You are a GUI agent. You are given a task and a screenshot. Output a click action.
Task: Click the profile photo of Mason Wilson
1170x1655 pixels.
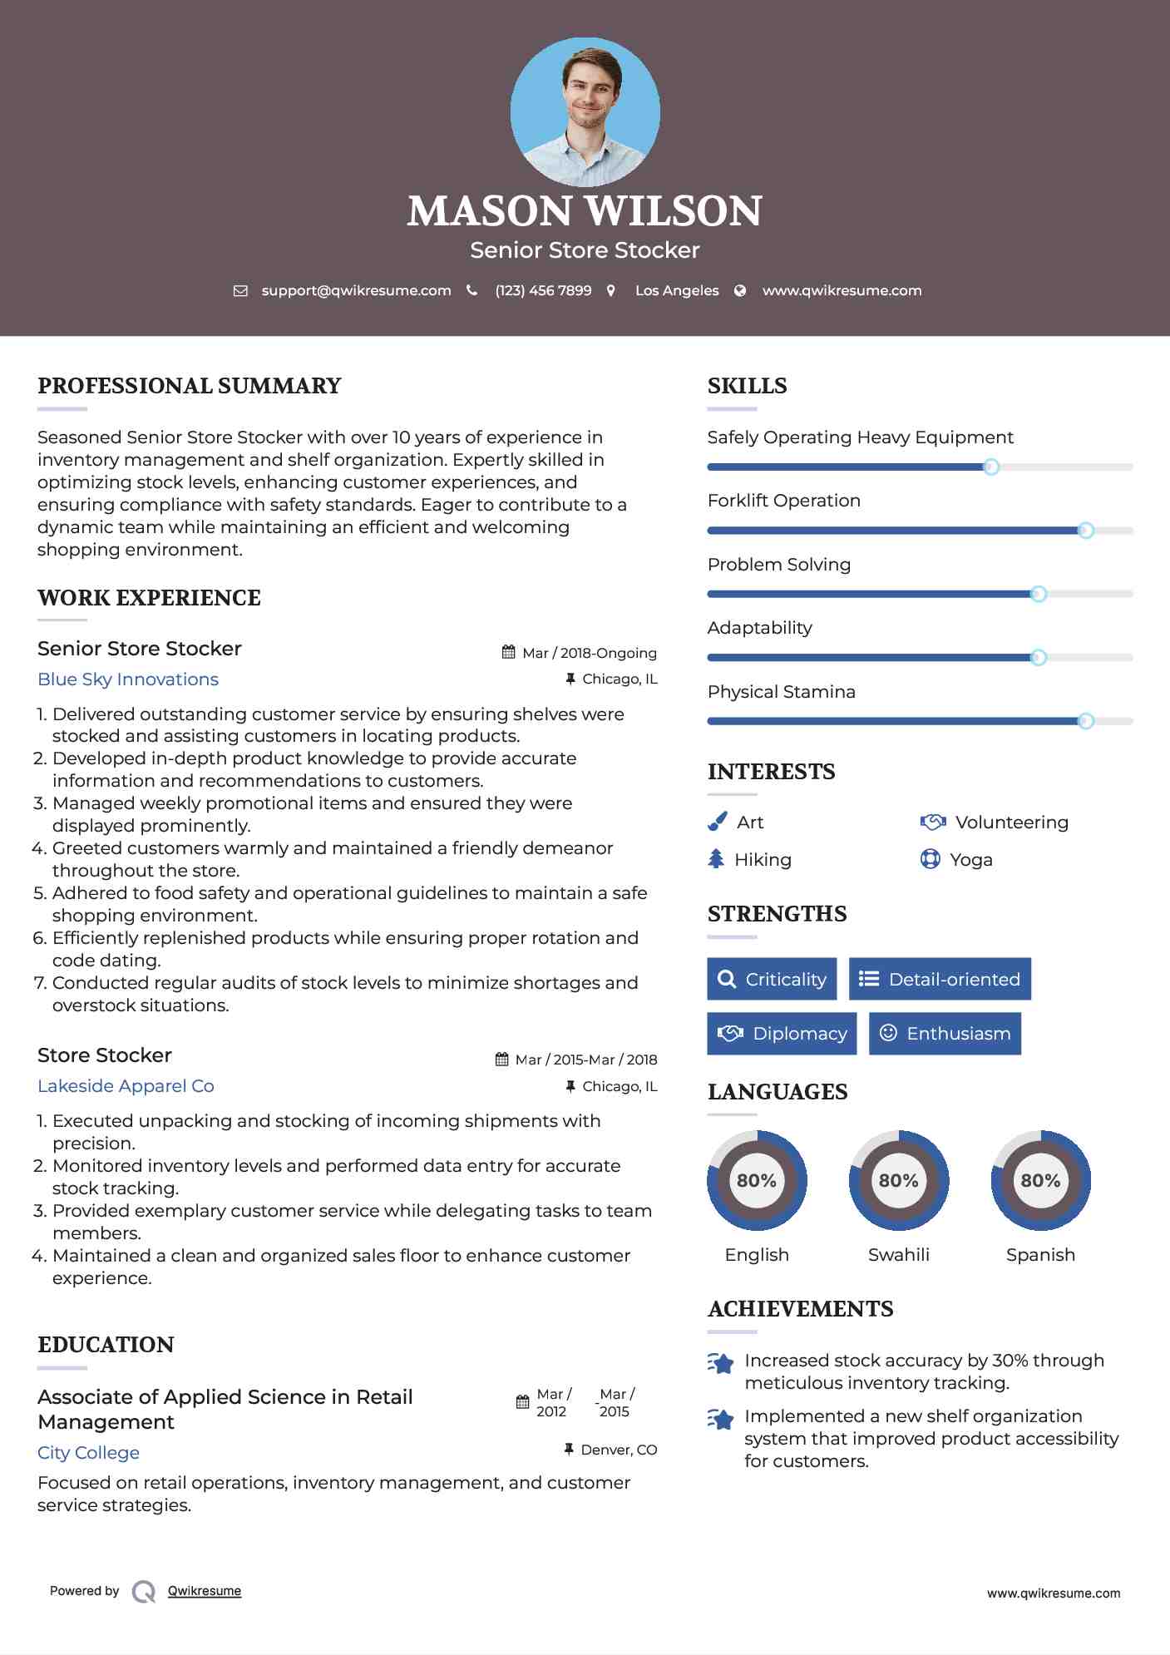585,111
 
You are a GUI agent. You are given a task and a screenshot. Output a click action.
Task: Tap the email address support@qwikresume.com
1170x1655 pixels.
356,290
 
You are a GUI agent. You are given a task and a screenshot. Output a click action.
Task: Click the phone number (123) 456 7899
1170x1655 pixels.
543,290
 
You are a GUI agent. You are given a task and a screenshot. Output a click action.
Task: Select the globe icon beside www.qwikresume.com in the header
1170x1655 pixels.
740,290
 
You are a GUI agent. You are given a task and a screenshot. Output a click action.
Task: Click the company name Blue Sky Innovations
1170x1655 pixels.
128,679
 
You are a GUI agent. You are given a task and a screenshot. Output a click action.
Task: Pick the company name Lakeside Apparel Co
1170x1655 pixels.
126,1086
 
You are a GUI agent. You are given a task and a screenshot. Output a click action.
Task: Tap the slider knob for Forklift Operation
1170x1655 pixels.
1085,531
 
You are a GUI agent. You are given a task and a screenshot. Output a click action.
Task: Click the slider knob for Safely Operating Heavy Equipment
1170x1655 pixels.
990,467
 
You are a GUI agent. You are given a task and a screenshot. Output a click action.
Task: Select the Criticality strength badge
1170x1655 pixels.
772,979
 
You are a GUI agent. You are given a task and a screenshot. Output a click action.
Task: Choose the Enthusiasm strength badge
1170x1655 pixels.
945,1034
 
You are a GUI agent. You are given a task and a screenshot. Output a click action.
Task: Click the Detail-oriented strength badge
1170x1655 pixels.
940,979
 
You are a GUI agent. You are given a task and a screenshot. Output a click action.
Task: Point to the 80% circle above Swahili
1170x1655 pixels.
898,1180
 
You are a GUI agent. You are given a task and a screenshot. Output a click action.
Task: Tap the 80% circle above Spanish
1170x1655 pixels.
1040,1180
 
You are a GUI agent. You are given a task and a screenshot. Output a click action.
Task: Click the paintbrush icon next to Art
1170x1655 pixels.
717,822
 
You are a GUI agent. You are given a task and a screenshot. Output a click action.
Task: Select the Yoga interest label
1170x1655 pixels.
971,860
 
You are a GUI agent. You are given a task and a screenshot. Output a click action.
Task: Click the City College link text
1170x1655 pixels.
88,1453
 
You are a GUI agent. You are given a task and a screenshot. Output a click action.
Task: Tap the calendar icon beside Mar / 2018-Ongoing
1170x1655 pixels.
509,652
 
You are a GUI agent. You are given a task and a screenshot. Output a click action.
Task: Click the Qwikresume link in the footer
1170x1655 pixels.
205,1591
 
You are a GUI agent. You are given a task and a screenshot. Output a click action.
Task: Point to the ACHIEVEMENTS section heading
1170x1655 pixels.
800,1309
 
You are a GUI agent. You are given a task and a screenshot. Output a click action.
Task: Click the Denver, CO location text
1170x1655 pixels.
619,1450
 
